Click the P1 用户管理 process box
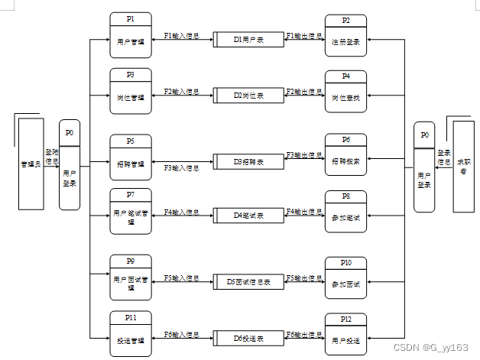tap(131, 34)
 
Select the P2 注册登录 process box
tap(346, 35)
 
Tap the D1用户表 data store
tap(248, 37)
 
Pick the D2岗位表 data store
tap(248, 96)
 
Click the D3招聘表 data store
tap(248, 162)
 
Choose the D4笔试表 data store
tap(248, 216)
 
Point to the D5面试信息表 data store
tap(248, 281)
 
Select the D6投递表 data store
tap(248, 336)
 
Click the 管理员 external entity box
tap(30, 163)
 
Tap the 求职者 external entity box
tap(463, 166)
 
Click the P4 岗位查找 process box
tap(346, 92)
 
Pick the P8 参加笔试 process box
tap(346, 212)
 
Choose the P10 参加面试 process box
tap(346, 277)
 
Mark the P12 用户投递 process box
tap(346, 334)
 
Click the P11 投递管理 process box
tap(131, 334)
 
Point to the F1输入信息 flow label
tap(181, 36)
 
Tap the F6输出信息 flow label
tap(303, 335)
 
